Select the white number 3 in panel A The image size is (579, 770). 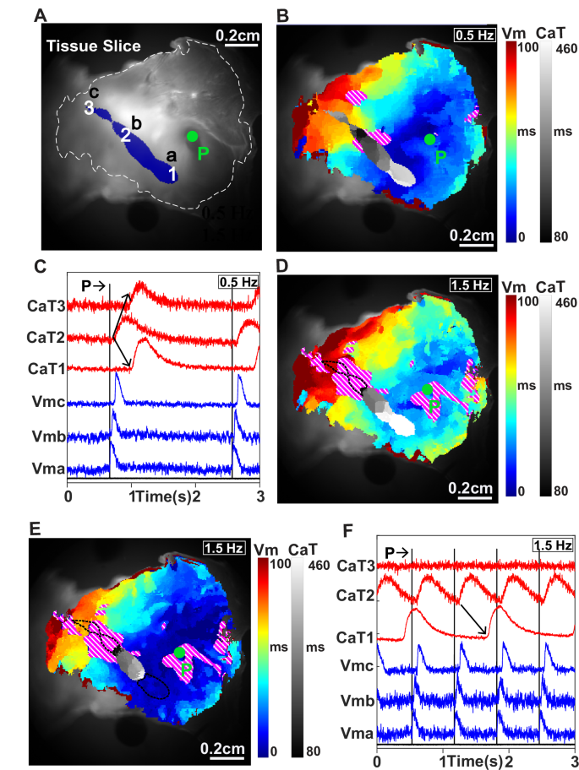[87, 108]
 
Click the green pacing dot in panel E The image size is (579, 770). [179, 652]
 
